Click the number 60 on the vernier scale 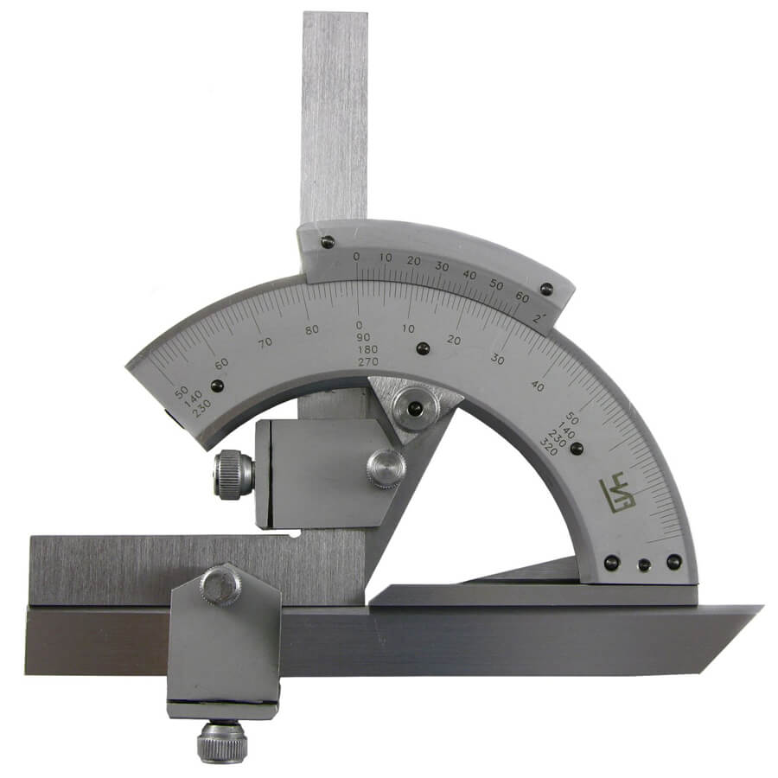[522, 297]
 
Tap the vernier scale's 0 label [356, 257]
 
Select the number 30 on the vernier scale [442, 266]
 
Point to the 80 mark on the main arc [311, 329]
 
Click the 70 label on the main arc [265, 341]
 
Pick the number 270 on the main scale [367, 361]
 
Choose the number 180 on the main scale [367, 349]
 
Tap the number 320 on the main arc [549, 448]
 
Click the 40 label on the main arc [538, 386]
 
